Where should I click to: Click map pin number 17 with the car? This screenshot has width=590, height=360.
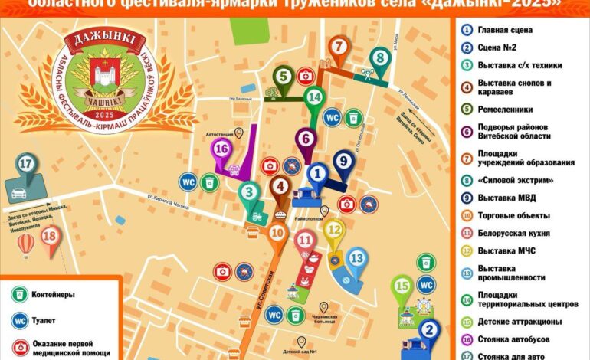[x=27, y=165]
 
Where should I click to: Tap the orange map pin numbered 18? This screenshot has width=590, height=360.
[x=51, y=237]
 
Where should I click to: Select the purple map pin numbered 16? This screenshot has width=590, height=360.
[x=222, y=149]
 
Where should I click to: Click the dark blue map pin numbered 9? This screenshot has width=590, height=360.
[x=343, y=162]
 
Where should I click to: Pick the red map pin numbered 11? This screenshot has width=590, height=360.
[x=305, y=241]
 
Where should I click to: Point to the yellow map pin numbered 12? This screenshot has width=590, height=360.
[x=334, y=229]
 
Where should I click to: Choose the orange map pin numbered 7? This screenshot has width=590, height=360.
[x=338, y=47]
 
